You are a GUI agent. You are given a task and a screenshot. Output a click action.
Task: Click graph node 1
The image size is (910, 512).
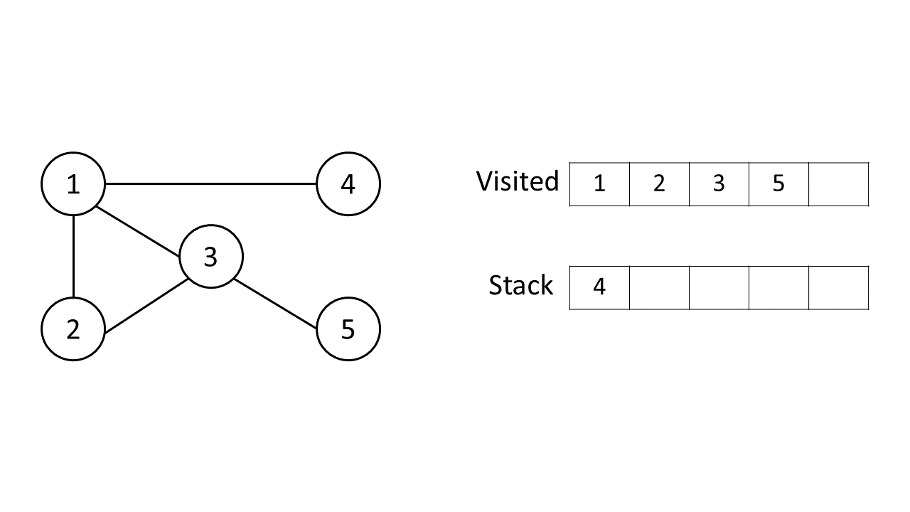pos(73,184)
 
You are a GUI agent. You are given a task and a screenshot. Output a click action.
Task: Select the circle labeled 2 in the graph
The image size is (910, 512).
pos(73,329)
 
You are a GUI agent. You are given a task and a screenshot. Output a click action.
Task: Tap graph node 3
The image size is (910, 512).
pos(210,257)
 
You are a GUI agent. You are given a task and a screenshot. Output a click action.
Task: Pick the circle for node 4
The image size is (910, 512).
pos(348,184)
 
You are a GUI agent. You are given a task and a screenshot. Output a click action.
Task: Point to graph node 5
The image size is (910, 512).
pos(348,329)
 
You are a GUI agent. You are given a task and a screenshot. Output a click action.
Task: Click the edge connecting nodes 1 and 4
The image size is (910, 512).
pos(210,184)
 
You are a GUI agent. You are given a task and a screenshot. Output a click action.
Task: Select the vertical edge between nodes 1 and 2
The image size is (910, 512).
pos(74,257)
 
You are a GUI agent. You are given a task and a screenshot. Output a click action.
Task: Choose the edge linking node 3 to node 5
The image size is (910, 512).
pos(276,302)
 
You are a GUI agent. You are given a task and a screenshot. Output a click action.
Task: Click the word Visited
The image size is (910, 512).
pos(518,181)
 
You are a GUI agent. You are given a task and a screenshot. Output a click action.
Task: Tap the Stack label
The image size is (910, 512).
pos(520,285)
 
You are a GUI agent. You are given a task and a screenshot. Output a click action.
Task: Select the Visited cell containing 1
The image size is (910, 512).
pos(599,184)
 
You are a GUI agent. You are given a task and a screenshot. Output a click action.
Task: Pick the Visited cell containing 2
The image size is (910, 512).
pos(659,184)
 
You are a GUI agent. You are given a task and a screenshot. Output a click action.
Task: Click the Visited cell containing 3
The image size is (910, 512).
pos(719,184)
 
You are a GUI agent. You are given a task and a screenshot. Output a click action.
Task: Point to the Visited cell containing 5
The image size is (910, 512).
pos(778,184)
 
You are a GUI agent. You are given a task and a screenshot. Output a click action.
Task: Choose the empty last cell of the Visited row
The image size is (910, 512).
pos(838,184)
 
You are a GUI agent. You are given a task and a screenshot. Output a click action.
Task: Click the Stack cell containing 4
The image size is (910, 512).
pos(599,288)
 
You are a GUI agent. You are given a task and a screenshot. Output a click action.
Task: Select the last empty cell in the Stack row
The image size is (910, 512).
pos(838,288)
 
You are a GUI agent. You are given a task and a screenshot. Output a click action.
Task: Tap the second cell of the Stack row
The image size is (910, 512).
pos(659,288)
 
